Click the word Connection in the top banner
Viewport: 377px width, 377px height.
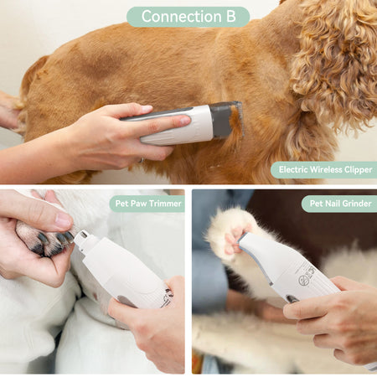182,17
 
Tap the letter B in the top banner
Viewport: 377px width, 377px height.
231,17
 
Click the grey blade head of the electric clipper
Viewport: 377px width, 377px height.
225,120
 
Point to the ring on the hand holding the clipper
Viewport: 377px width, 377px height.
142,160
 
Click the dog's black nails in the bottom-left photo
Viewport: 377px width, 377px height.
53,240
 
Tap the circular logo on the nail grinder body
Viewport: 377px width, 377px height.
303,280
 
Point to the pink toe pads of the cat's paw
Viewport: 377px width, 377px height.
235,240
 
